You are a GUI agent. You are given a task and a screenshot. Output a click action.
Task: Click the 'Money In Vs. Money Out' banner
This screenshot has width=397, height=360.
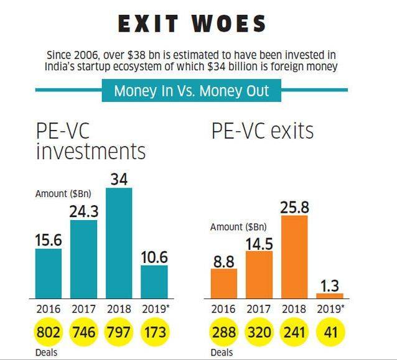pyautogui.click(x=192, y=91)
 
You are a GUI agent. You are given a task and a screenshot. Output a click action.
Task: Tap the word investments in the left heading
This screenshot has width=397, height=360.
pyautogui.click(x=91, y=151)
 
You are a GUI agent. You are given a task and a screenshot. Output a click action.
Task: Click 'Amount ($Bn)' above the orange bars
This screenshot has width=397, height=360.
pyautogui.click(x=238, y=227)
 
